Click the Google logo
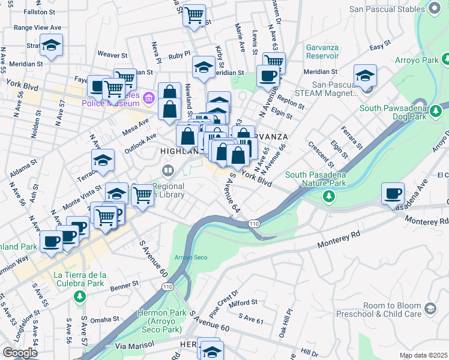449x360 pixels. (x=20, y=353)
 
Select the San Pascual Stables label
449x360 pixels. (x=395, y=9)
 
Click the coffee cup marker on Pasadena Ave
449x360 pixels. (x=393, y=194)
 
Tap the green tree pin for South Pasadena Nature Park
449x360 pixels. (x=328, y=196)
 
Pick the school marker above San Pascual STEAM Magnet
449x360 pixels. (x=365, y=76)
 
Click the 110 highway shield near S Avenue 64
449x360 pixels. (x=254, y=223)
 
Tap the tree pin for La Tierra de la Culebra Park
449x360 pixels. (x=80, y=296)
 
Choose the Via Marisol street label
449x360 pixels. (x=134, y=346)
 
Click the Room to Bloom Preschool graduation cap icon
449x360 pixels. (x=430, y=308)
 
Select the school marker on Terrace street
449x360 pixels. (x=103, y=160)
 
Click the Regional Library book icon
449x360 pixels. (x=168, y=171)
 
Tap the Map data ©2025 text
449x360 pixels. (x=423, y=355)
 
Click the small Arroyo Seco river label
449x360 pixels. (x=190, y=257)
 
